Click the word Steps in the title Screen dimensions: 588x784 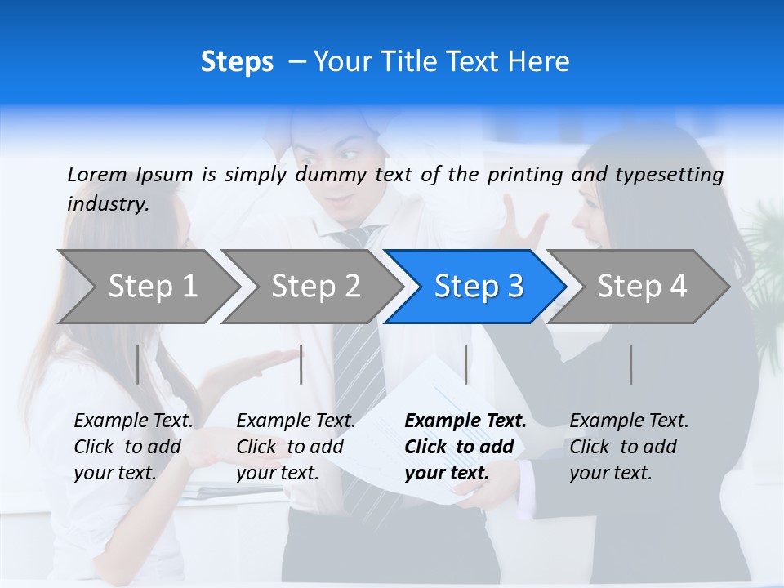pos(237,62)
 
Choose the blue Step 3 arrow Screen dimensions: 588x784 pos(479,287)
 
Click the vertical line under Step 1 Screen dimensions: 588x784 pos(138,364)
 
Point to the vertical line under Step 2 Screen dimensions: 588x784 pos(301,364)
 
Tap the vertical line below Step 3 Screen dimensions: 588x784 pos(466,364)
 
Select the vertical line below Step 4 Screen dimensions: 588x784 pos(631,364)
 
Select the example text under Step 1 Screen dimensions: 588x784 pos(133,447)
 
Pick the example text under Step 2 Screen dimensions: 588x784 pos(296,447)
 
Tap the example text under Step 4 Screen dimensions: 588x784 pos(629,447)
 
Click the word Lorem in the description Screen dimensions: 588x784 pos(97,175)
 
